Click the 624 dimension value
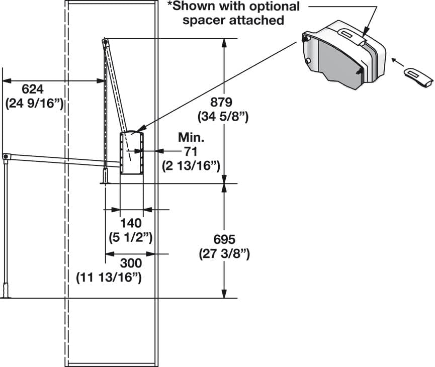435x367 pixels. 33,89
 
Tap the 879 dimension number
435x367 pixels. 221,102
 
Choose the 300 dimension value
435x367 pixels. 131,263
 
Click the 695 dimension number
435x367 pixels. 224,240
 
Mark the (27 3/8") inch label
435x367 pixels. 224,254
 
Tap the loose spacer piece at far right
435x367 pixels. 418,75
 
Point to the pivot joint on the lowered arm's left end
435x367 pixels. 6,157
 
